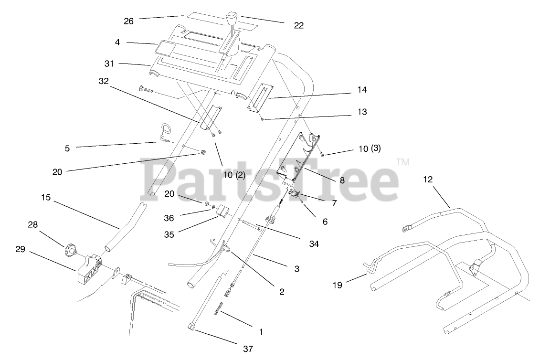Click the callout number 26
(128, 21)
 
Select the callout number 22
(298, 26)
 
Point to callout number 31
(109, 63)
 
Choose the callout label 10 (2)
(233, 175)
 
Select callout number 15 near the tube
(45, 197)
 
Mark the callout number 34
(313, 244)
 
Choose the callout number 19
(338, 286)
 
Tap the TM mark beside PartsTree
(403, 162)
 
